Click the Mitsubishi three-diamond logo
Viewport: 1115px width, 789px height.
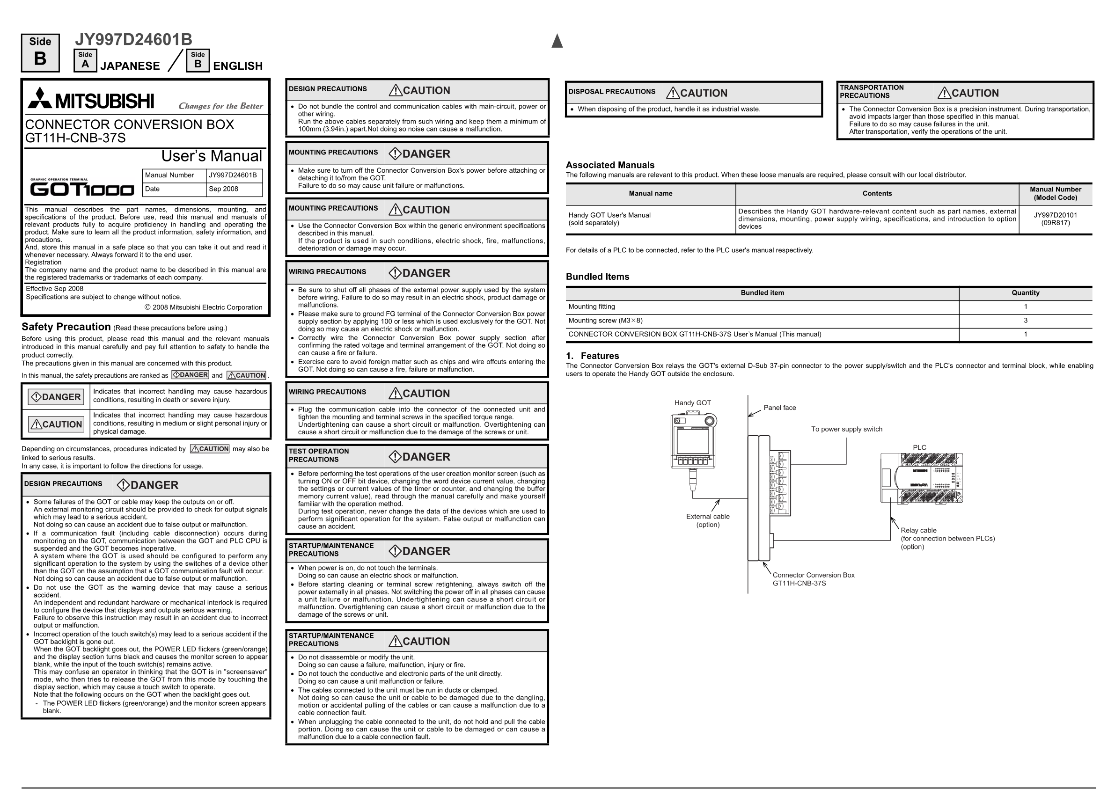[x=40, y=98]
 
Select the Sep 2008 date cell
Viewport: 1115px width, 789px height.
[x=223, y=189]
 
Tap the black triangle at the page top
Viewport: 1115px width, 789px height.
[x=557, y=41]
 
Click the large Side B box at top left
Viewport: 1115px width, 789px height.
[x=40, y=53]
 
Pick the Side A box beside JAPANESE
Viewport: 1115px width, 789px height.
[x=86, y=60]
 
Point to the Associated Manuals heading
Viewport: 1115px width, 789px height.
[x=610, y=165]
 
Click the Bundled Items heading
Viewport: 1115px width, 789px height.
[x=597, y=277]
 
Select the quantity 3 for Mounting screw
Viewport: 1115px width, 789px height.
[x=1025, y=321]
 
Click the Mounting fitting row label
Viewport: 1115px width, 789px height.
[x=591, y=307]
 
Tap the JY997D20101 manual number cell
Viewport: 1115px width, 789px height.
[x=1055, y=219]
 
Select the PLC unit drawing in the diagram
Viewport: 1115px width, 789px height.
[x=921, y=478]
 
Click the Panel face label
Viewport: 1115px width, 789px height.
[x=779, y=408]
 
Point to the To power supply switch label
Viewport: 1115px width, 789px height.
[x=846, y=430]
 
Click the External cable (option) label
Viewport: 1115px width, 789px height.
[x=707, y=520]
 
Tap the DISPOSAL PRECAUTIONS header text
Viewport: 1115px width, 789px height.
[x=612, y=92]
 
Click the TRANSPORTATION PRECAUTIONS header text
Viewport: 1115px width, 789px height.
[x=872, y=92]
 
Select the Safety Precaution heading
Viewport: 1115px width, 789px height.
[x=66, y=327]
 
